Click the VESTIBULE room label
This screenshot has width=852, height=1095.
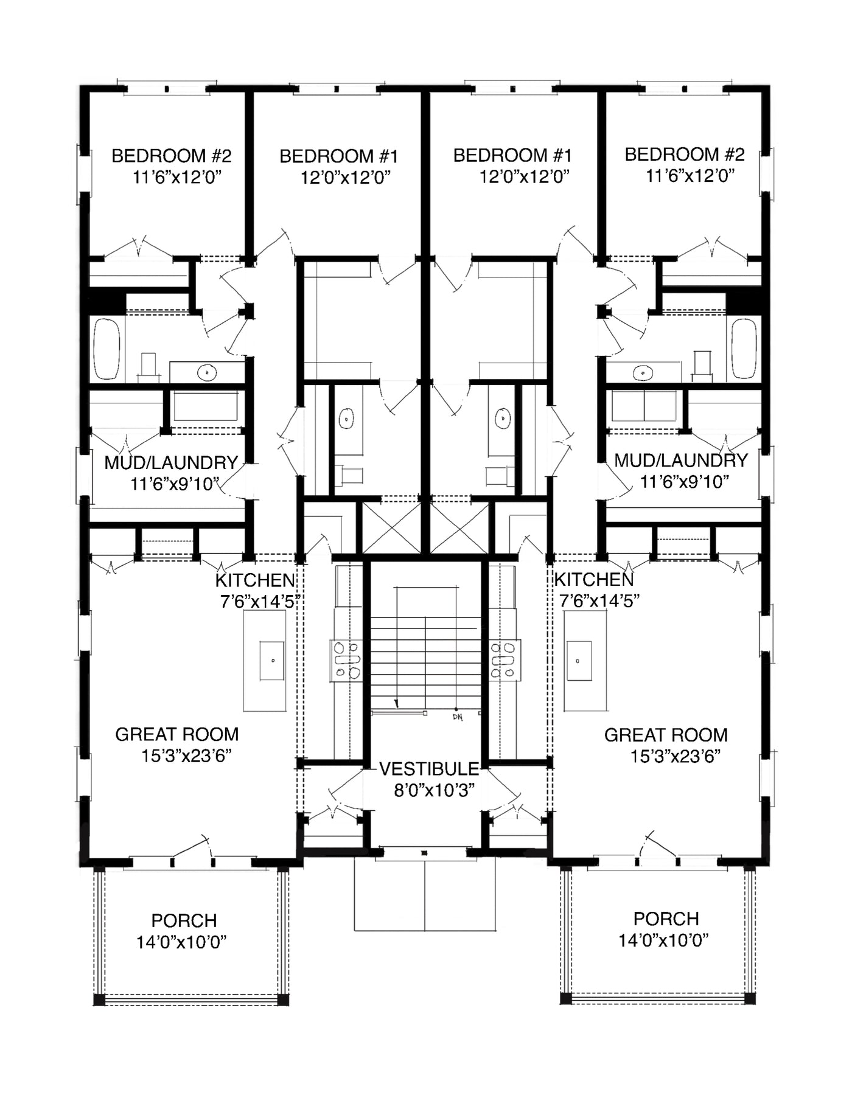[x=429, y=769]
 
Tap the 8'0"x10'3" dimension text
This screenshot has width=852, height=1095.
[x=435, y=790]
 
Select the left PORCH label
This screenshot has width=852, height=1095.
[x=184, y=920]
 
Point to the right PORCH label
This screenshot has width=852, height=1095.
[x=666, y=919]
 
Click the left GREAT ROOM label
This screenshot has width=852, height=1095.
[x=176, y=734]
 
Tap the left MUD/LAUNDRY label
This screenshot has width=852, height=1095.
[x=171, y=462]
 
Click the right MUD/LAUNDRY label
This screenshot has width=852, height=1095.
[x=681, y=461]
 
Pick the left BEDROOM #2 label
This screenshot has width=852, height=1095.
[x=172, y=156]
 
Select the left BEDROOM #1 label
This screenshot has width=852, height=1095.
[x=338, y=156]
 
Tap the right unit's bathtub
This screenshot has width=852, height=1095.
[x=744, y=349]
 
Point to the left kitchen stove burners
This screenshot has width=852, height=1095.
[x=346, y=659]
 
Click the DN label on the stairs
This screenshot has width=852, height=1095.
[x=458, y=717]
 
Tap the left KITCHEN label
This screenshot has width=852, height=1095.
[x=256, y=580]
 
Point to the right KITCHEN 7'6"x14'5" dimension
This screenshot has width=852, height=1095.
[x=599, y=601]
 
